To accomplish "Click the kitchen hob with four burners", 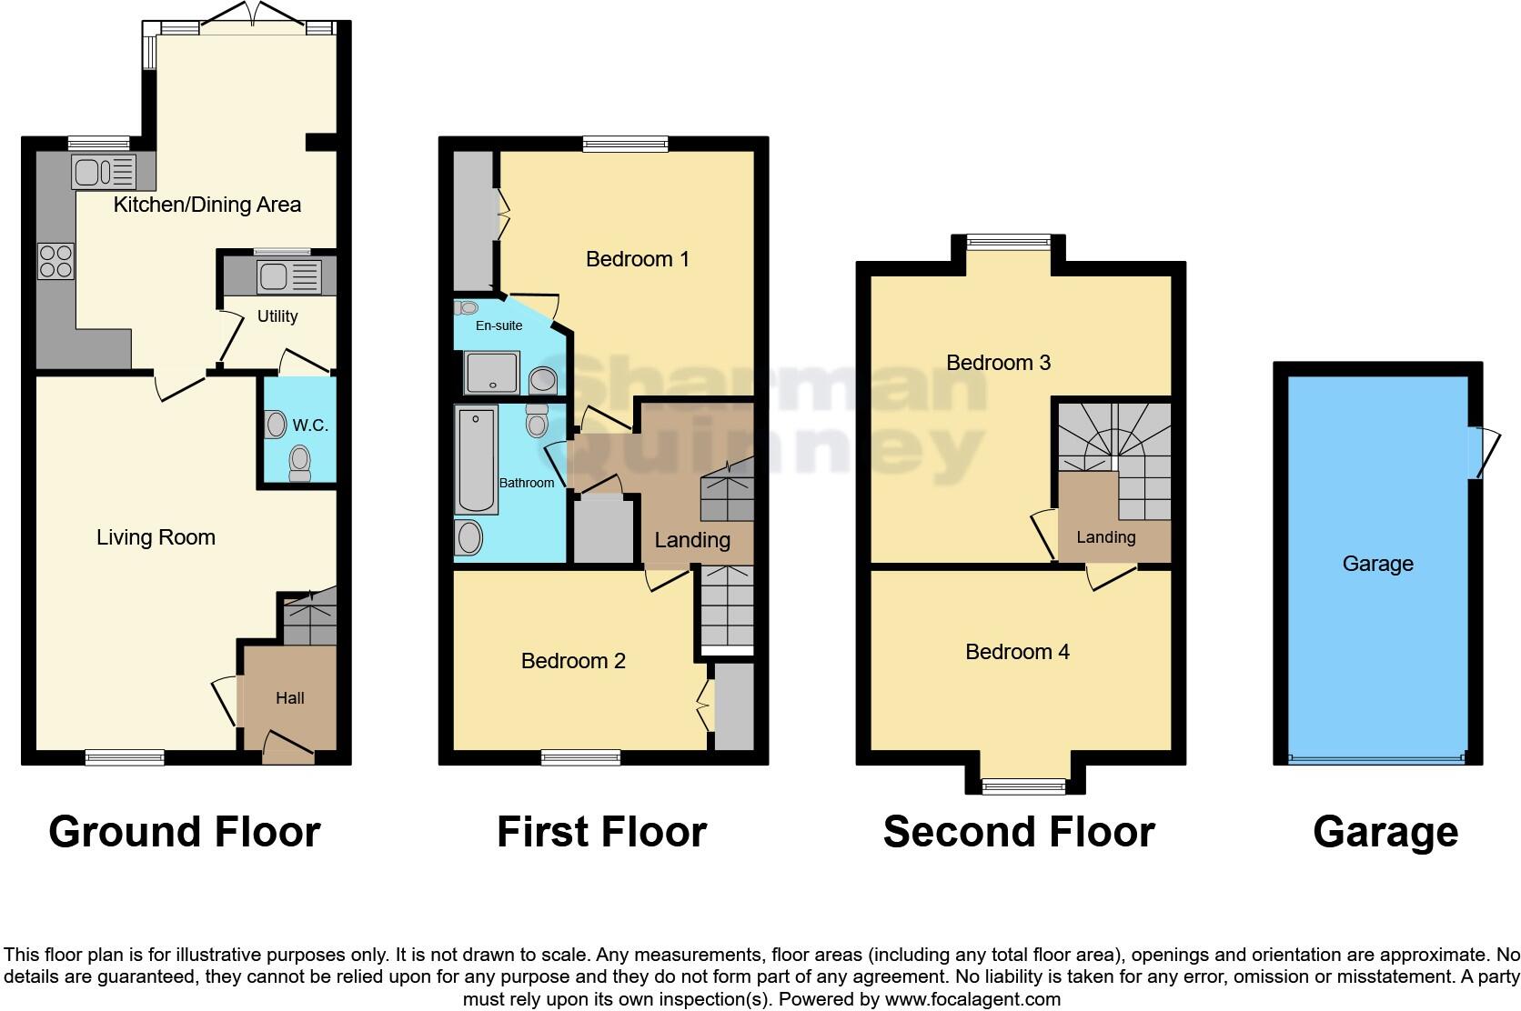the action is coord(56,261).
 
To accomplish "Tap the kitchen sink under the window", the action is coord(103,172).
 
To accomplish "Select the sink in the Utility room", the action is coord(289,276).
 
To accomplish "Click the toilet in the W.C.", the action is coord(299,464).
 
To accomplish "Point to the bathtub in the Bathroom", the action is coord(477,459).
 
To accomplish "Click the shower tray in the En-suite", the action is coord(491,373).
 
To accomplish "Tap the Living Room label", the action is coord(156,537).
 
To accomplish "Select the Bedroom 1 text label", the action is coord(637,258).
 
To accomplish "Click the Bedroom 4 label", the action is coord(1017,652).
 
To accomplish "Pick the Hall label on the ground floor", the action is coord(290,698).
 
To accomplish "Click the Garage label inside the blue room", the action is coord(1378,564).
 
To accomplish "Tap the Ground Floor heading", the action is coord(185,832).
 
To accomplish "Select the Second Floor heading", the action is coord(1019,832).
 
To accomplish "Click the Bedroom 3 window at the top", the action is coord(1008,242).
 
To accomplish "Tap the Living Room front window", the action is coord(125,758).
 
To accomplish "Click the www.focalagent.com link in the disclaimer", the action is coord(972,999).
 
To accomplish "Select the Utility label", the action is coord(277,316).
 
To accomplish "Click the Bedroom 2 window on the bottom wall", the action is coord(580,758).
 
